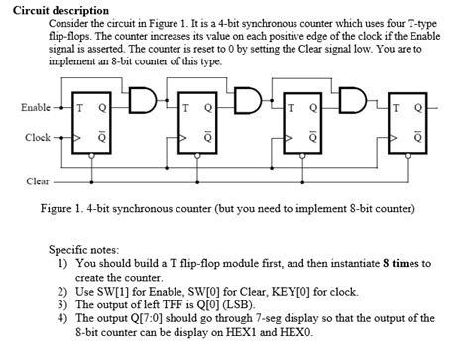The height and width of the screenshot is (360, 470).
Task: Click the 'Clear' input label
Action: [x=37, y=181]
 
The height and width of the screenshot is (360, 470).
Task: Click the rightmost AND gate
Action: [x=353, y=102]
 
